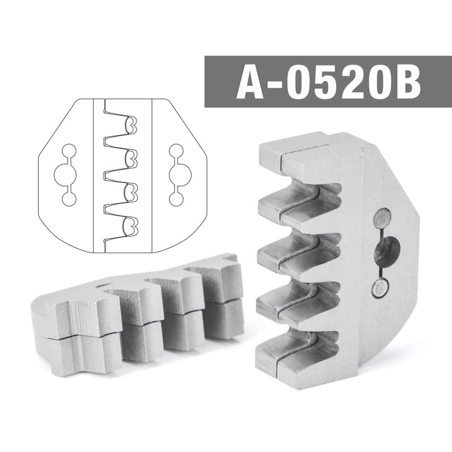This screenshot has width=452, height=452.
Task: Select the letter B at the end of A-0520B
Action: pyautogui.click(x=407, y=82)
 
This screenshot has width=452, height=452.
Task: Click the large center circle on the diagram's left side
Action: pyautogui.click(x=66, y=175)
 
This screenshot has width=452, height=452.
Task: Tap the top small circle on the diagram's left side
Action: pyautogui.click(x=69, y=151)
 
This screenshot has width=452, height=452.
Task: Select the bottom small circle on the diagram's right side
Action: pyautogui.click(x=176, y=199)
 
